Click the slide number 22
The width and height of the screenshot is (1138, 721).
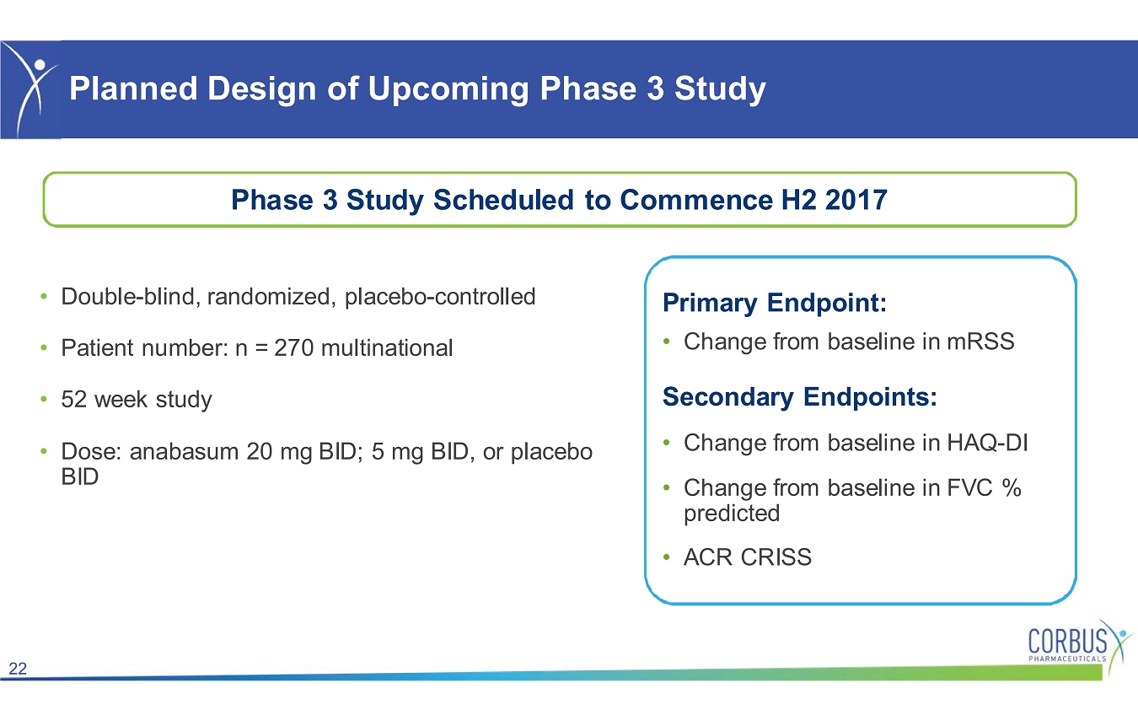18,668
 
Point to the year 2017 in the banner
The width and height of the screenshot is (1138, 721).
856,199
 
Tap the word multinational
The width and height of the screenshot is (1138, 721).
387,348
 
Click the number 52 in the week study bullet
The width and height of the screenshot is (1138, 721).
73,400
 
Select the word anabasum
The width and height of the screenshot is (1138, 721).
184,451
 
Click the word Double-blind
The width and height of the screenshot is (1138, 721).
127,297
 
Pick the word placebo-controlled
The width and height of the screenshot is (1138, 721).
440,297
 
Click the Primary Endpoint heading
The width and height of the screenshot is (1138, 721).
775,303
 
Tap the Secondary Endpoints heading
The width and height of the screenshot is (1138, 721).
800,397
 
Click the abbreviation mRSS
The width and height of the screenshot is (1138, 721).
980,342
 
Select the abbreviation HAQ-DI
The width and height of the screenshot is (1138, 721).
987,443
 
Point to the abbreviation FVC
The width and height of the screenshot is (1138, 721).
969,487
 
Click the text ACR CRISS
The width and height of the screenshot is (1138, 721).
748,557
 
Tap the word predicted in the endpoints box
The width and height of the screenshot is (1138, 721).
732,514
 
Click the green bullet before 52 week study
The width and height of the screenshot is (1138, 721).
44,399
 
